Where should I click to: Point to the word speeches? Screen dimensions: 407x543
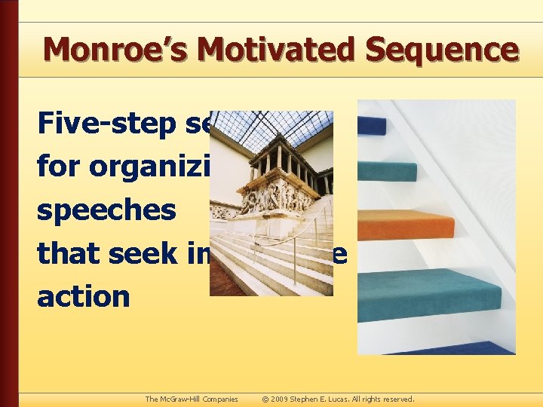pyautogui.click(x=106, y=209)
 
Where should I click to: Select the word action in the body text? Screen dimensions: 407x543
pyautogui.click(x=84, y=295)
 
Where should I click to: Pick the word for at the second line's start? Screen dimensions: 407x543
pyautogui.click(x=60, y=165)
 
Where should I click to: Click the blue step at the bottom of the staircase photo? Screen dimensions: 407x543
pyautogui.click(x=452, y=347)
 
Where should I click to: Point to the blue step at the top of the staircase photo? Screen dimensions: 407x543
pyautogui.click(x=373, y=125)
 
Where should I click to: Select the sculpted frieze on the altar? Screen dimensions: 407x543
pyautogui.click(x=275, y=197)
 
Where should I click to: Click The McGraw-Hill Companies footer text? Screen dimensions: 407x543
pyautogui.click(x=192, y=399)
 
